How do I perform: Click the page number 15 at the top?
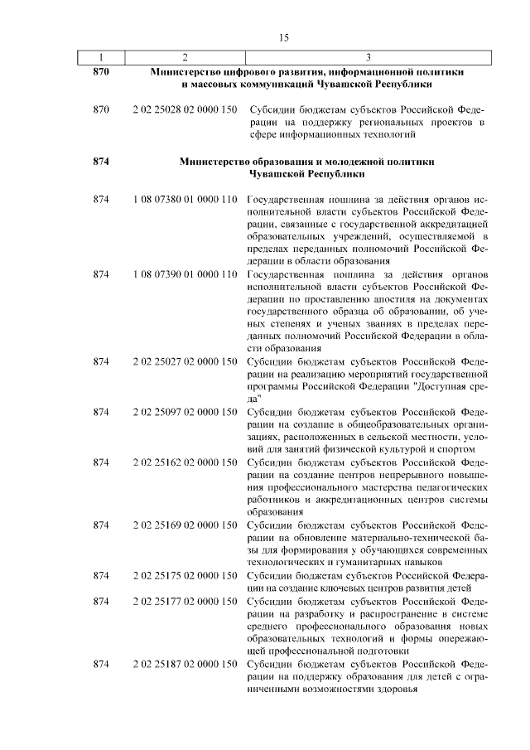(283, 37)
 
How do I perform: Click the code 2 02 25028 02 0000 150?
(185, 110)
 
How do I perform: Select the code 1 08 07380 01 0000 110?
(185, 201)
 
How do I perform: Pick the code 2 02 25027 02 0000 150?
(185, 361)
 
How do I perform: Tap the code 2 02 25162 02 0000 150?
(185, 461)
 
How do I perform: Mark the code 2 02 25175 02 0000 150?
(185, 575)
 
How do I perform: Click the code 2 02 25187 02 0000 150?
(185, 665)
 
